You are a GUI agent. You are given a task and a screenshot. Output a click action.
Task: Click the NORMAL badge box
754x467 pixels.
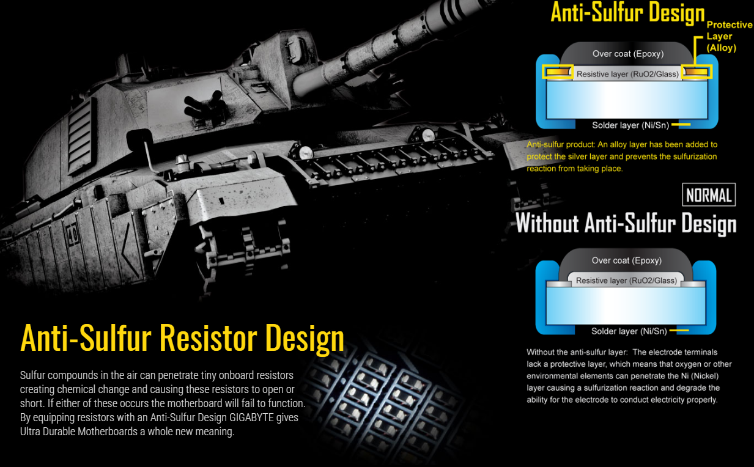709,194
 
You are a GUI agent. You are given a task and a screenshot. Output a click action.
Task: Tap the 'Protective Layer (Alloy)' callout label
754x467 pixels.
729,36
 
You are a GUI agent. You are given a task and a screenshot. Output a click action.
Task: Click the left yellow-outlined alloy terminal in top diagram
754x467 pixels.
558,72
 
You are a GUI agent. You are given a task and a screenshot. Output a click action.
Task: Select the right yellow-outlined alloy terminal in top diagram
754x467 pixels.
697,72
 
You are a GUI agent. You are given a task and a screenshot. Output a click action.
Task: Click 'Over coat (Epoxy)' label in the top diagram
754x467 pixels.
628,54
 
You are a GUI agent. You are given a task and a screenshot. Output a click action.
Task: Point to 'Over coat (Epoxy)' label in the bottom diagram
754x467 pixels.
627,260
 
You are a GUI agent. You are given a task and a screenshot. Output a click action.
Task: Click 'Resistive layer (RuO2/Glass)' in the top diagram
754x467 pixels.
627,74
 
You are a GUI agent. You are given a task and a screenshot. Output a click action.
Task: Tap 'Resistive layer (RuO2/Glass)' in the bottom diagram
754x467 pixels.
626,281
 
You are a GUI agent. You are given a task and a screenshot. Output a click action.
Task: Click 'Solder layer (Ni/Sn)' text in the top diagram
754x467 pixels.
630,125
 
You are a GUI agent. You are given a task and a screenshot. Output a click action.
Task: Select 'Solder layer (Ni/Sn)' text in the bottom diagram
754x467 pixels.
629,331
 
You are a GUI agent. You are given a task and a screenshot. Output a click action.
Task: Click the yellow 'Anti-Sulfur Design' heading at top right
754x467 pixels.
628,13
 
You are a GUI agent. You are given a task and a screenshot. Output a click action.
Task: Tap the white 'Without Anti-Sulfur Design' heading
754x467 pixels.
626,223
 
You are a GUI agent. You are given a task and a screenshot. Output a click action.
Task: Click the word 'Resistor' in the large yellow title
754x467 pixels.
209,338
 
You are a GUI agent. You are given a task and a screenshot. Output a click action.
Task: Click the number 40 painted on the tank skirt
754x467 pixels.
72,233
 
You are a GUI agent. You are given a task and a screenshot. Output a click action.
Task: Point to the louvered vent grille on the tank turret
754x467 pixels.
80,136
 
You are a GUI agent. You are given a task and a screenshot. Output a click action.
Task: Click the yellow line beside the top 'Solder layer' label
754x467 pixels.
681,125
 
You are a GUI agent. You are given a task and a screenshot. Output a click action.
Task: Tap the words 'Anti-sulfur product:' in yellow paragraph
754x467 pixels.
561,145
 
